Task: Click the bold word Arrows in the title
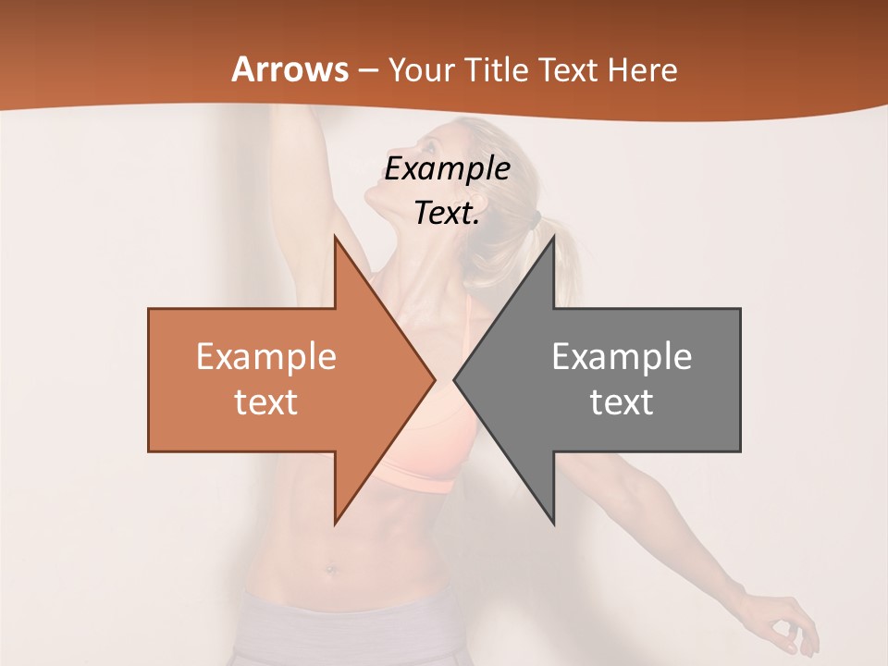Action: click(x=290, y=69)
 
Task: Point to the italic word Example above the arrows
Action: click(x=447, y=169)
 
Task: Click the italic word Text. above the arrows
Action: click(x=447, y=213)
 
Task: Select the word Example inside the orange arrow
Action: click(x=266, y=357)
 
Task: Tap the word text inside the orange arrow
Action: click(x=266, y=402)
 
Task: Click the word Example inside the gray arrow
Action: click(x=622, y=357)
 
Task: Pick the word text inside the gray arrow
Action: click(x=622, y=402)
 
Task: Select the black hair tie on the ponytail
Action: click(x=535, y=220)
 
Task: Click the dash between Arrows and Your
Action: click(x=367, y=70)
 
